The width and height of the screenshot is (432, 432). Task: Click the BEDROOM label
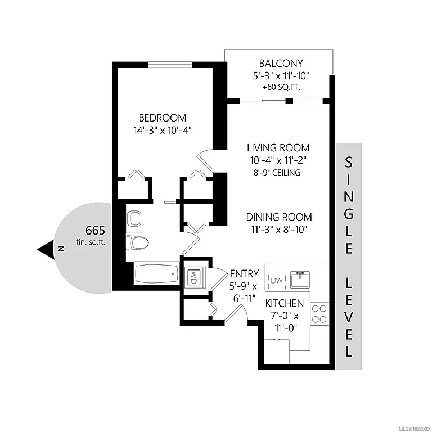click(163, 118)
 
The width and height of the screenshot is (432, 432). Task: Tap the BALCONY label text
click(281, 64)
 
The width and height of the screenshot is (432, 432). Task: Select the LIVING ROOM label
click(278, 148)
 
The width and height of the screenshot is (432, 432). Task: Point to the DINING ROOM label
click(278, 217)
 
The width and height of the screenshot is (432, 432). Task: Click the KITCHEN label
click(285, 304)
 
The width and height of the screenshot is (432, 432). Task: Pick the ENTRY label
click(244, 274)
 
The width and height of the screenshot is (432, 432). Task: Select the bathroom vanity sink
click(134, 218)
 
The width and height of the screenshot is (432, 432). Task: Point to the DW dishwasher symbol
click(277, 280)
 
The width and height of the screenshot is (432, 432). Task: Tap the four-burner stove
click(319, 313)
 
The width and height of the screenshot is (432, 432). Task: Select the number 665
click(95, 230)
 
